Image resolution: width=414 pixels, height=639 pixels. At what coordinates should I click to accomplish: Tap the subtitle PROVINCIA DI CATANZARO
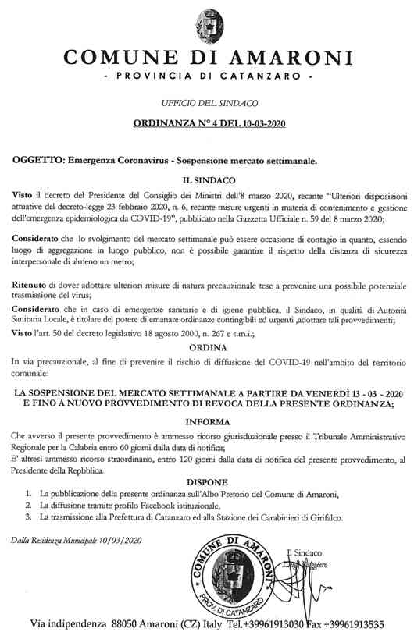point(207,79)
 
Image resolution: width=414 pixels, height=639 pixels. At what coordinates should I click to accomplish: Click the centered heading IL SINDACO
point(207,179)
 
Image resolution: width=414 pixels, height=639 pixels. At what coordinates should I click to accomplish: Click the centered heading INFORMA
point(207,422)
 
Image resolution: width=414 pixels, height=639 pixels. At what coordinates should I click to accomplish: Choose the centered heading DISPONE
point(207,482)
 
